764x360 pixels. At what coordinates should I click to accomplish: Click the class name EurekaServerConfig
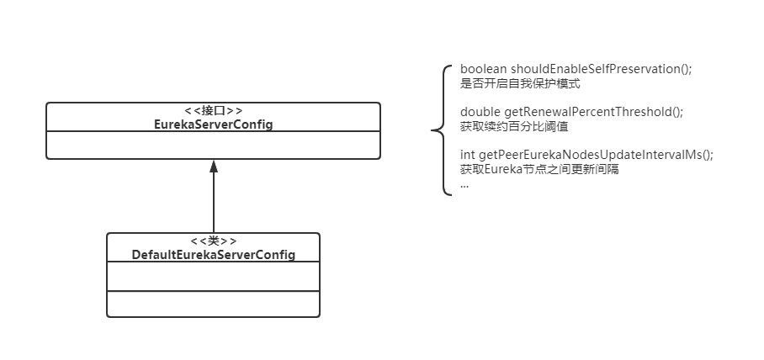tap(213, 124)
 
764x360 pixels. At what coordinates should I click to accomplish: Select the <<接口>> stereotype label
tap(213, 111)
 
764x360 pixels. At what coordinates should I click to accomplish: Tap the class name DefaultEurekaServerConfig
tap(214, 255)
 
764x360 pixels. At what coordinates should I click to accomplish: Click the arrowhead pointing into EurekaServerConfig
tap(213, 165)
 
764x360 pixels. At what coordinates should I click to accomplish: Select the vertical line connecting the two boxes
tap(213, 202)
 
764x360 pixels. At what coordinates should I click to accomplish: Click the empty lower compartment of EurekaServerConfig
tap(213, 145)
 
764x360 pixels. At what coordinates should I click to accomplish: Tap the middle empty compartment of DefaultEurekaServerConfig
tap(214, 276)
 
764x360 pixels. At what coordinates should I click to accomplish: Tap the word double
tap(480, 112)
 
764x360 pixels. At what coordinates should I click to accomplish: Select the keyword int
tap(468, 155)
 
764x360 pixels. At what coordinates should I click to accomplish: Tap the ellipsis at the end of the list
tap(464, 183)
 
